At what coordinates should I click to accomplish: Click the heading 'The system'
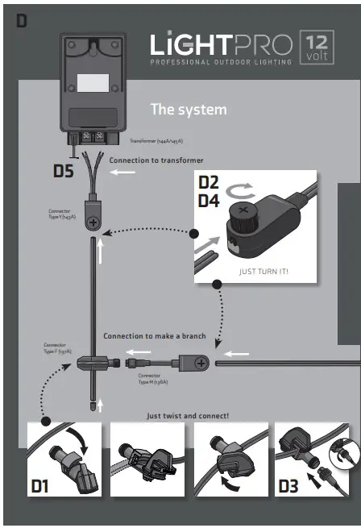189,109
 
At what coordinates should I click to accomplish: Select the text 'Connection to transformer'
156,160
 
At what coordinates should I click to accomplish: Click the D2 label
209,182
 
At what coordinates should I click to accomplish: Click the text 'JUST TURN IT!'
263,272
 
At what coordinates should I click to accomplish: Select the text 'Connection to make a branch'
154,335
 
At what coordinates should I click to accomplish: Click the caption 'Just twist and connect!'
188,416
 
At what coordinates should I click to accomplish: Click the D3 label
290,486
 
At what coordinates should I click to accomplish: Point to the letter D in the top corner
22,22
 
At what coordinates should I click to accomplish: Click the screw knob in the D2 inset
243,214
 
